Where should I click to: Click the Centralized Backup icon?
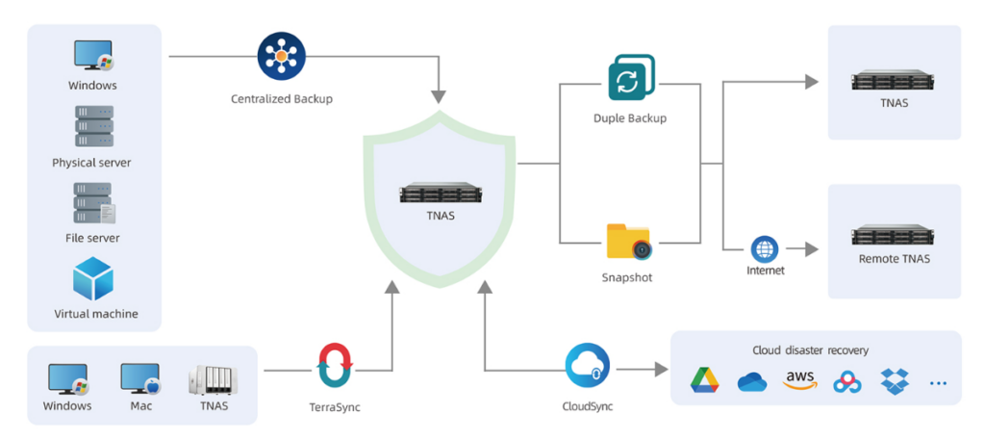[281, 57]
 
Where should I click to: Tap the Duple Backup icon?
[631, 78]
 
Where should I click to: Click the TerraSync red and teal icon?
[335, 365]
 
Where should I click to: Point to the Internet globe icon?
[765, 249]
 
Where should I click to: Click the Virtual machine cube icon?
[93, 278]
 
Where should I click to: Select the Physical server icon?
[94, 126]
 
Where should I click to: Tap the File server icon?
[95, 203]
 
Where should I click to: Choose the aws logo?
[799, 380]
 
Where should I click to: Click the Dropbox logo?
[895, 381]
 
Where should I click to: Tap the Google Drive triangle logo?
[705, 381]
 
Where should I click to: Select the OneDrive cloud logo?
[752, 381]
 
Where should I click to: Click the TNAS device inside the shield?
[440, 193]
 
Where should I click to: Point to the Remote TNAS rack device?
[894, 235]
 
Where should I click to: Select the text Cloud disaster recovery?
[810, 350]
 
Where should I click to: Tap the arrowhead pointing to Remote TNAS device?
[812, 249]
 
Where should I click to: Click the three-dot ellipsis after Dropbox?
[938, 382]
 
